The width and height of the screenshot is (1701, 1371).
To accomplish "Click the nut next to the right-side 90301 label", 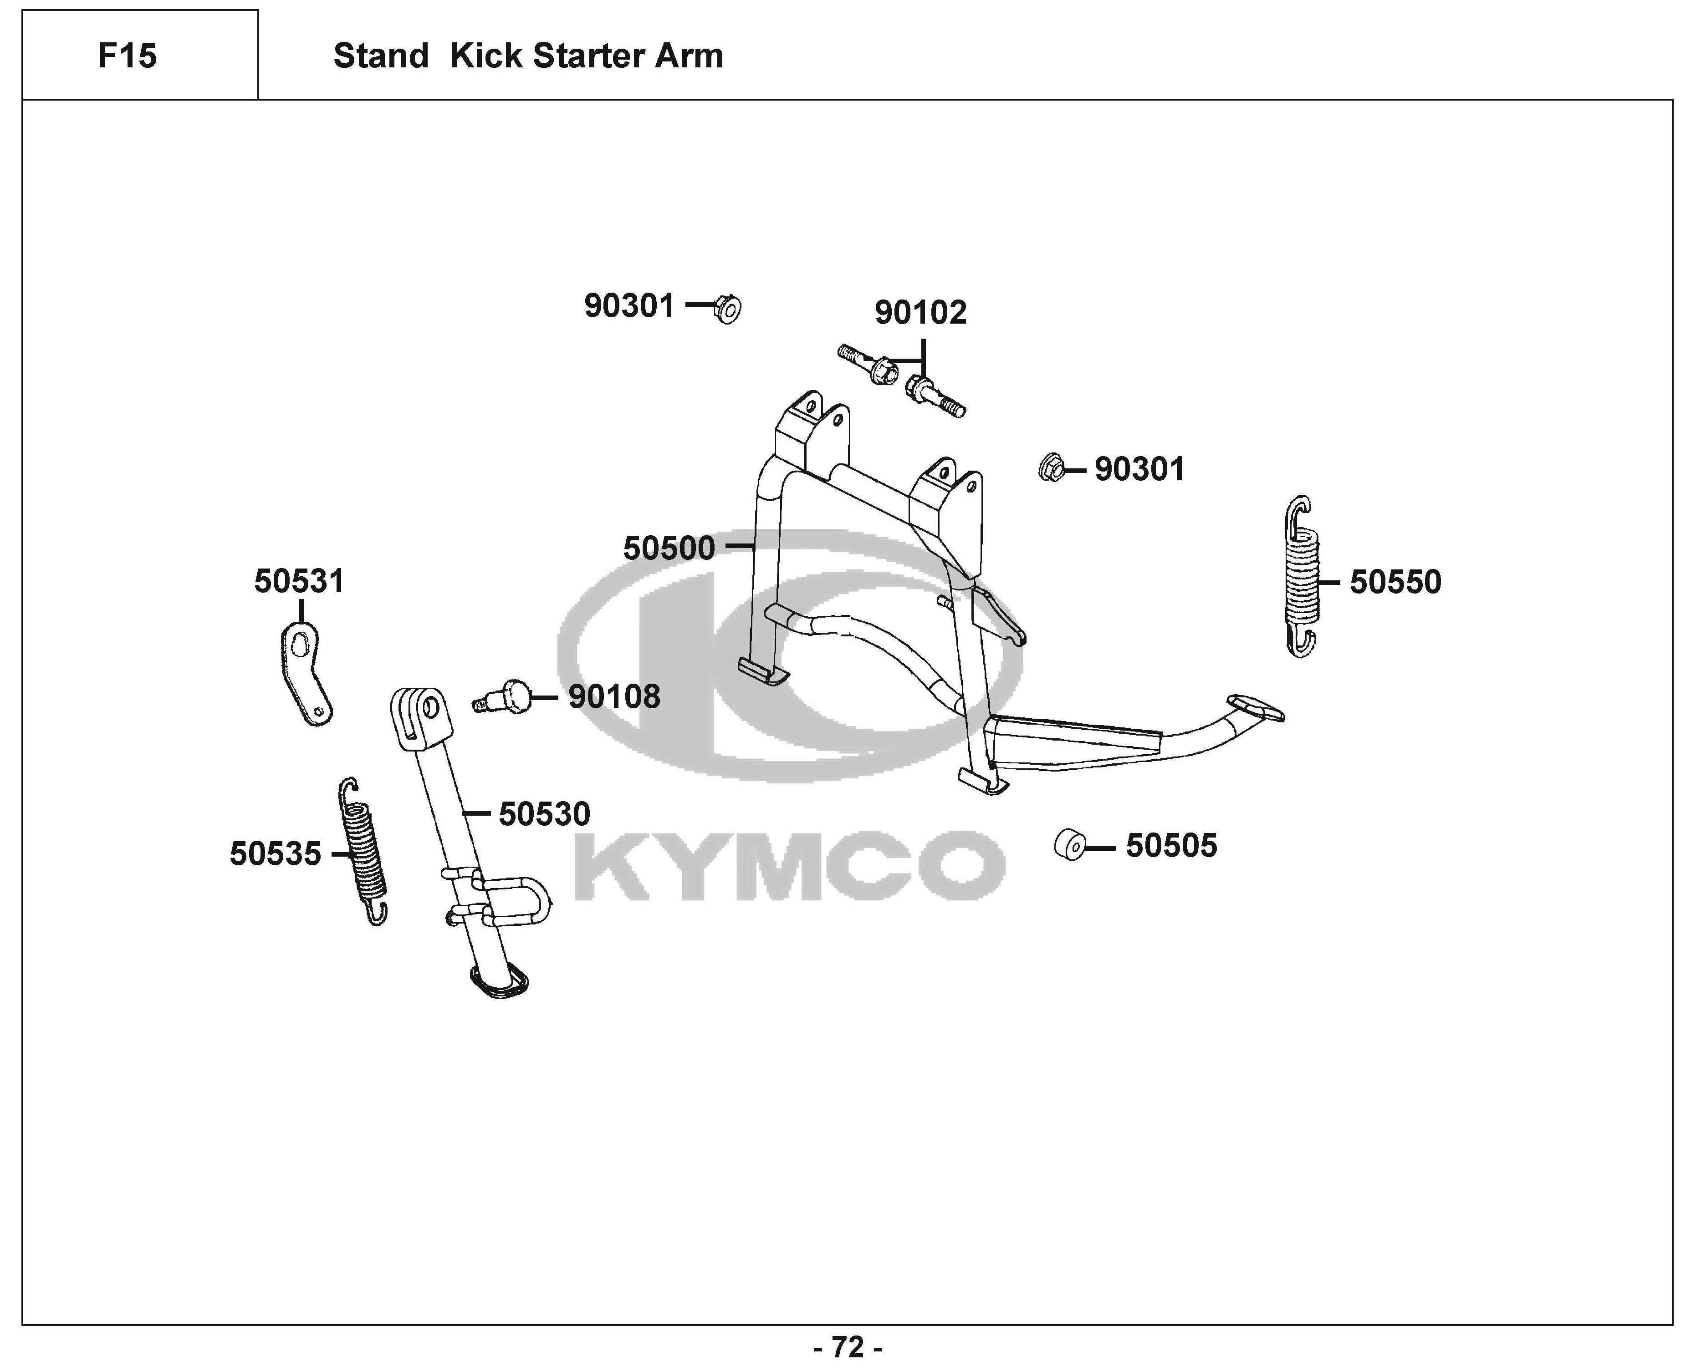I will [1051, 468].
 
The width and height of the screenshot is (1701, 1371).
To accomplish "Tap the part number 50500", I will [669, 548].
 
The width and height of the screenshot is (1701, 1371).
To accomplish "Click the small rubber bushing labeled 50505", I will [1069, 845].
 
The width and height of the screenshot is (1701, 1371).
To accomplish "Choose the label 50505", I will [1171, 846].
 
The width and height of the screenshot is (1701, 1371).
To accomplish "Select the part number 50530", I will [544, 814].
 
